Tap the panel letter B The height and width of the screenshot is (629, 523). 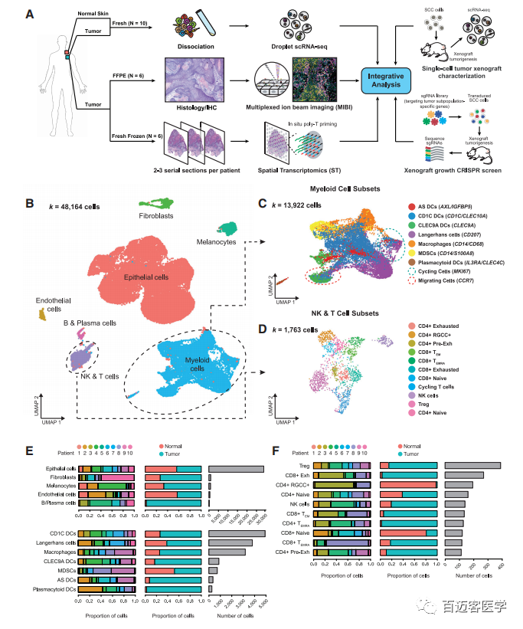pos(29,205)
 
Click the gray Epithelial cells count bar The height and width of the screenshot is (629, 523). pos(235,470)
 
